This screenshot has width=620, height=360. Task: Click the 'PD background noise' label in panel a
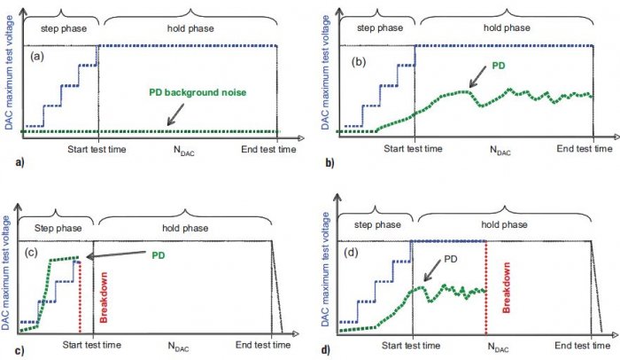click(x=198, y=93)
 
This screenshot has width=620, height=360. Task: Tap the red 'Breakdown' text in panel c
click(x=104, y=297)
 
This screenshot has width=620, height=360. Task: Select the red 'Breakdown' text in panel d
click(x=506, y=287)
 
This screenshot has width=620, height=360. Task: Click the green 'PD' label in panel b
click(x=498, y=66)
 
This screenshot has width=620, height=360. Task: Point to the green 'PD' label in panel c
click(x=159, y=255)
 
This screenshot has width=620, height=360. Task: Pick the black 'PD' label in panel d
click(x=450, y=259)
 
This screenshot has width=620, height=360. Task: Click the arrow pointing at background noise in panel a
click(x=175, y=115)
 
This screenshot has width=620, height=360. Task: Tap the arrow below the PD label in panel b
click(x=478, y=76)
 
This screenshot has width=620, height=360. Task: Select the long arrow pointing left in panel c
click(x=116, y=254)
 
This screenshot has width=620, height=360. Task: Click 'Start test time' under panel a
click(x=97, y=150)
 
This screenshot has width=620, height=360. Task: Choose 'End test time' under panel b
click(x=585, y=149)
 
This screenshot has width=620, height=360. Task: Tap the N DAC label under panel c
click(x=178, y=347)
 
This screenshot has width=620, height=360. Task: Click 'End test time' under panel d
click(x=582, y=346)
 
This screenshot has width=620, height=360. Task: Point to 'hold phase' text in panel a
click(x=190, y=28)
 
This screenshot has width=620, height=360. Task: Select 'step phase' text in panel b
click(x=380, y=28)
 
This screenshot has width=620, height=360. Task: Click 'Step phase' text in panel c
click(x=58, y=228)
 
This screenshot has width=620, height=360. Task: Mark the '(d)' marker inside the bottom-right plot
click(x=351, y=253)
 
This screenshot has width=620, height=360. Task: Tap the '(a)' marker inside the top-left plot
click(x=37, y=56)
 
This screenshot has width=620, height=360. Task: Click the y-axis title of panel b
click(x=325, y=74)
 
